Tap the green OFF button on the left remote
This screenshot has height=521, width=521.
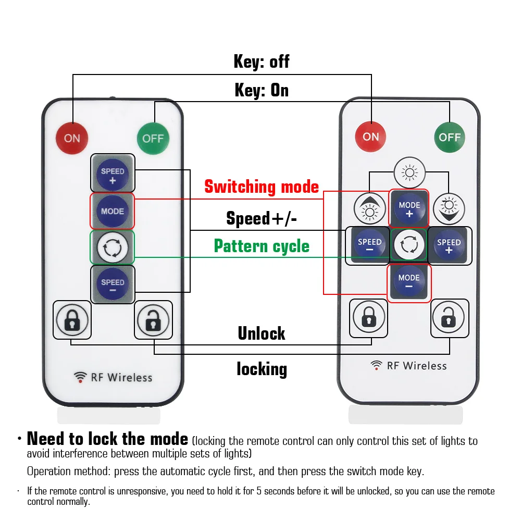[x=153, y=138]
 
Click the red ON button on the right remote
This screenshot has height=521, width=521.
[x=370, y=137]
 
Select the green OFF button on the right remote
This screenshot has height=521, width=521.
[x=449, y=137]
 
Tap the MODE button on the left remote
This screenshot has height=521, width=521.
[x=113, y=211]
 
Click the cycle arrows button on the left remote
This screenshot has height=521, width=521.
[x=113, y=248]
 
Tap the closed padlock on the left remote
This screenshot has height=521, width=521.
[x=72, y=320]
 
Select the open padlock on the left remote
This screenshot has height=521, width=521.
[x=153, y=320]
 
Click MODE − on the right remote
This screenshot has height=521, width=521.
[x=409, y=282]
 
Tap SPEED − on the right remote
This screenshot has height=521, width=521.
[x=369, y=245]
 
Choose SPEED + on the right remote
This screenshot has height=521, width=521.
[x=449, y=245]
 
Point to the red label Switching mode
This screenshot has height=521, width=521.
[x=262, y=187]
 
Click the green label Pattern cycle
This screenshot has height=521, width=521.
[x=262, y=246]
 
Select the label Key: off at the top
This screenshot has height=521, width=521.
[x=262, y=61]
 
